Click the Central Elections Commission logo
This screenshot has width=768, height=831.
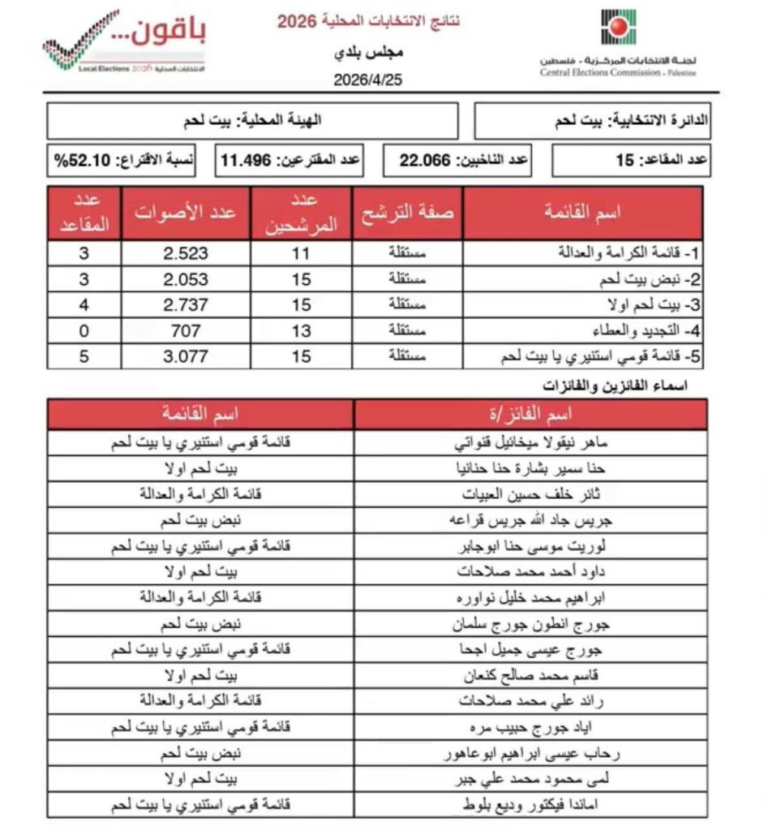pyautogui.click(x=619, y=30)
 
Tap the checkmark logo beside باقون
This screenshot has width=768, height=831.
pyautogui.click(x=82, y=41)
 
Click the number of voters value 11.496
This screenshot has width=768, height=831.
pyautogui.click(x=249, y=161)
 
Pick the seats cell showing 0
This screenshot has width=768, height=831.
pyautogui.click(x=84, y=330)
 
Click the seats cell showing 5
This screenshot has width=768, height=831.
pyautogui.click(x=84, y=355)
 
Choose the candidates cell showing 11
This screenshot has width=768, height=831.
pyautogui.click(x=302, y=253)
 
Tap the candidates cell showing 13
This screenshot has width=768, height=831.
pyautogui.click(x=302, y=330)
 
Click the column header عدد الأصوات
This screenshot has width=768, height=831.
pyautogui.click(x=186, y=213)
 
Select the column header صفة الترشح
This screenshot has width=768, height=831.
pyautogui.click(x=408, y=213)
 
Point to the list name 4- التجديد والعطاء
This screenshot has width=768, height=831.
pyautogui.click(x=633, y=330)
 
